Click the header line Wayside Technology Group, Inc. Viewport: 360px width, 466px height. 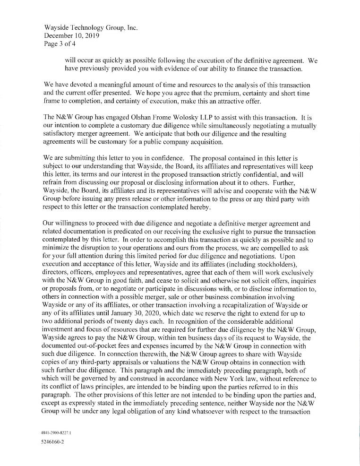[90, 28]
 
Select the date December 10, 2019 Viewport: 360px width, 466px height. [71, 36]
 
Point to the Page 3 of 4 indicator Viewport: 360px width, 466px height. [60, 44]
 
